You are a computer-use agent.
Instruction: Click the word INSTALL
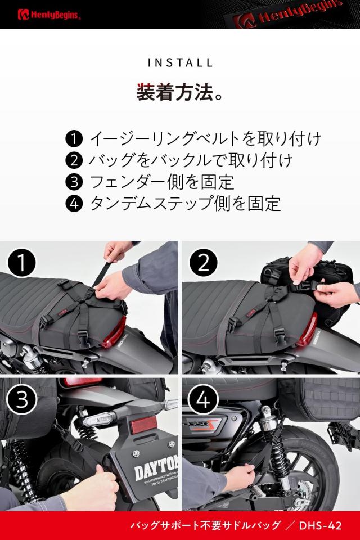180,62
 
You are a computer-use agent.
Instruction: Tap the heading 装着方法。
179,92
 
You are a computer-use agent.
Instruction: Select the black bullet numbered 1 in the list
74,138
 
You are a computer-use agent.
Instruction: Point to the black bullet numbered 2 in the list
74,160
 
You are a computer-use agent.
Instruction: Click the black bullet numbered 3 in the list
74,182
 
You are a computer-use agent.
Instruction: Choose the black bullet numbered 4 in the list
74,204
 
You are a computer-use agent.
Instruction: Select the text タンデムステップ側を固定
185,204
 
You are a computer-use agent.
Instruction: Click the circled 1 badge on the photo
22,263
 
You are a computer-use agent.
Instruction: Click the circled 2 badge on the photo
203,263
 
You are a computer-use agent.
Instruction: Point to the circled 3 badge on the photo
22,400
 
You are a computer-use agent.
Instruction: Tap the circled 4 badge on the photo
203,400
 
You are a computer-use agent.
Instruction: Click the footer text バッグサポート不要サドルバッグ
205,526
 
